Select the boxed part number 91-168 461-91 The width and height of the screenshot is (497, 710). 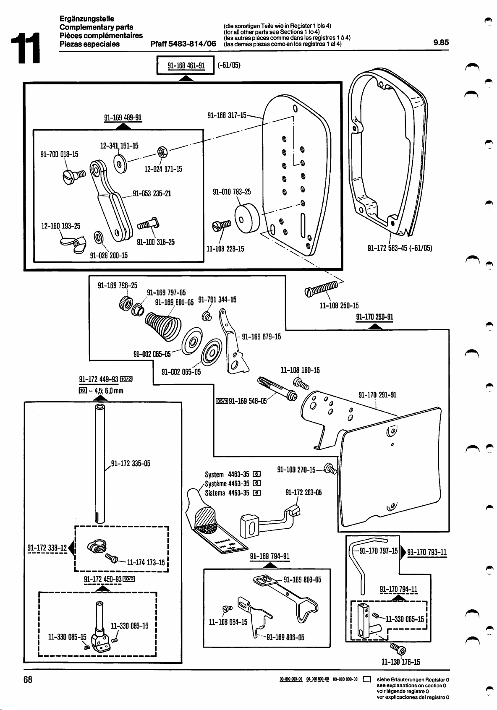click(x=186, y=65)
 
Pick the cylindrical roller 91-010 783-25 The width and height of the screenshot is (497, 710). click(x=248, y=218)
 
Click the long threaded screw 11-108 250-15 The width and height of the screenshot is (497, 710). click(x=322, y=289)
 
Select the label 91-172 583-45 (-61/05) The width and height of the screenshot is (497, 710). click(x=400, y=248)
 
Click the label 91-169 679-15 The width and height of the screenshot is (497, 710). click(x=262, y=337)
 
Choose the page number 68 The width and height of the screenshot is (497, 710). click(x=28, y=679)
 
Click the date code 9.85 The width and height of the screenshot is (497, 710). click(x=441, y=42)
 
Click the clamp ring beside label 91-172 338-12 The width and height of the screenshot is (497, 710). click(x=94, y=547)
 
